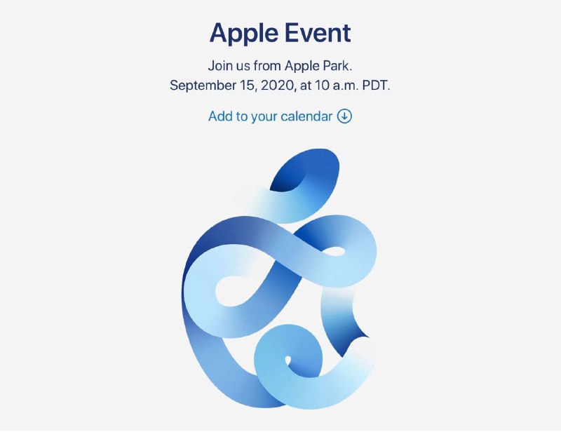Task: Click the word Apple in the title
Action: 244,34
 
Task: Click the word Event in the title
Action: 318,33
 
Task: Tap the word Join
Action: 220,66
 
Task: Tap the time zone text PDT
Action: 376,86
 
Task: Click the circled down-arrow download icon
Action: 344,116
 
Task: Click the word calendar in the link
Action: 306,116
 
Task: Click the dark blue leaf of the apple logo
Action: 304,170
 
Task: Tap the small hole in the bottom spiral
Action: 288,360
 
